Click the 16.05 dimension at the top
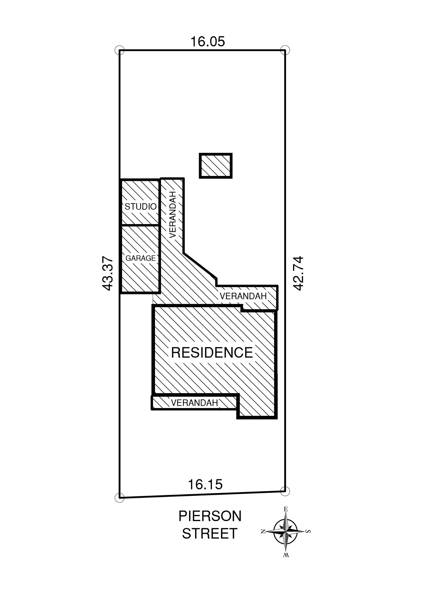click(x=208, y=41)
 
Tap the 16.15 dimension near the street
click(x=205, y=484)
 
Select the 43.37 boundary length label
click(x=108, y=274)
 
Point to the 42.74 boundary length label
click(x=298, y=273)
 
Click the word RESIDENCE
click(x=212, y=353)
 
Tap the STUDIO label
click(x=140, y=207)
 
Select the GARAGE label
click(x=140, y=258)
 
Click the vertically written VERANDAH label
click(x=172, y=215)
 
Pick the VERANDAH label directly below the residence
click(x=194, y=403)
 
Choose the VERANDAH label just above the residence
click(x=243, y=296)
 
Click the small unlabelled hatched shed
click(x=216, y=166)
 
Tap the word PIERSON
click(x=210, y=516)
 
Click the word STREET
click(x=210, y=533)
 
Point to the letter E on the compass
click(x=285, y=509)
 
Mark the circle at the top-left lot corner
click(x=119, y=50)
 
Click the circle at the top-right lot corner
click(x=285, y=50)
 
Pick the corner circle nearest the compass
click(x=285, y=491)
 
